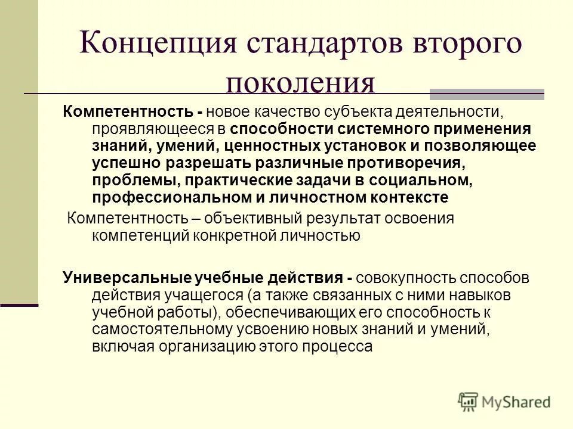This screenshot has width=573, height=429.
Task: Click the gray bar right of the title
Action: tap(487, 94)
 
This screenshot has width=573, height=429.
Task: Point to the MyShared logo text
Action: tap(517, 402)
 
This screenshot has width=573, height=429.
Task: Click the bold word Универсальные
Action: tap(127, 278)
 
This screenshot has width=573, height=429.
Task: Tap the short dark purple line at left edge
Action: tap(19, 304)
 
